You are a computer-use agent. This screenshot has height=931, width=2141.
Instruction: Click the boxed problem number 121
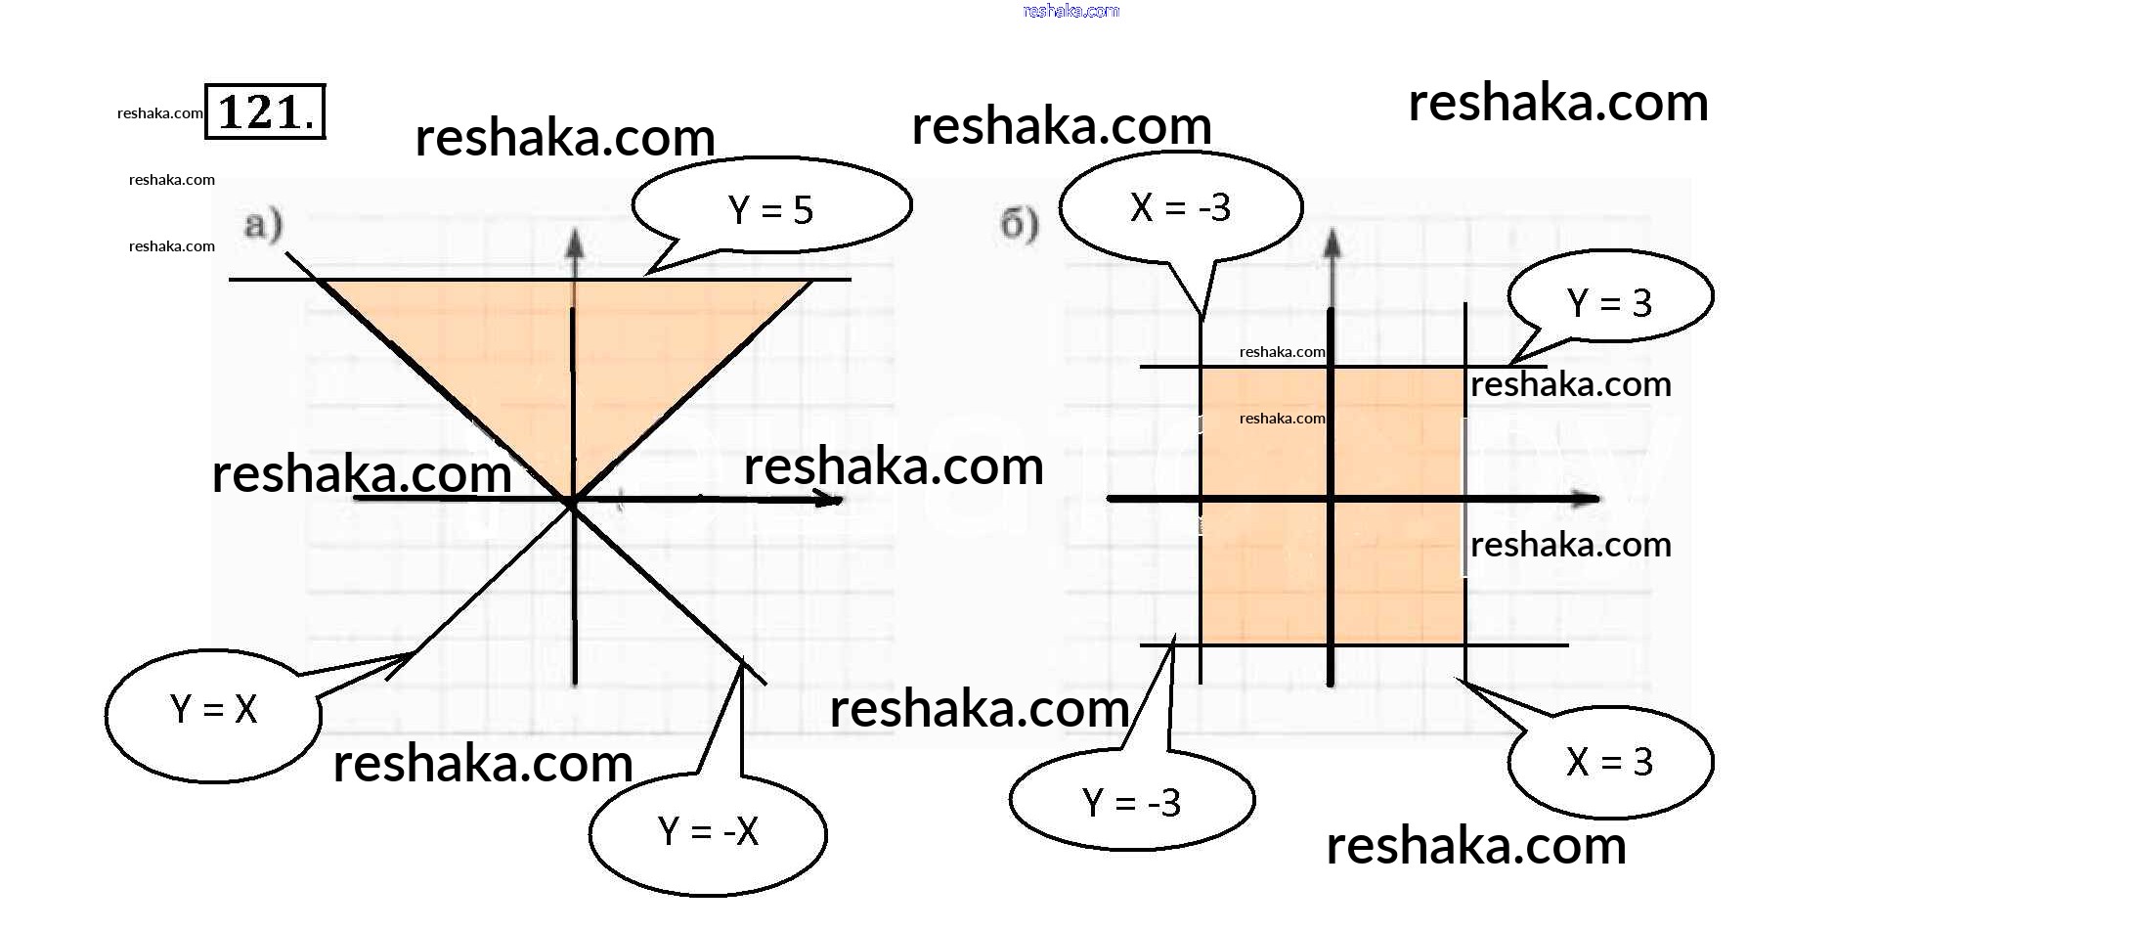point(264,111)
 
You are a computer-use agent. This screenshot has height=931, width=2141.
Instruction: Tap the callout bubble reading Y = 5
point(771,208)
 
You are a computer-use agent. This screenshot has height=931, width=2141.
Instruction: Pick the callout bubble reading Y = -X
point(708,832)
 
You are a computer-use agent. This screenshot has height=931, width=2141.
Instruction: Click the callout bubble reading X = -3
point(1180,207)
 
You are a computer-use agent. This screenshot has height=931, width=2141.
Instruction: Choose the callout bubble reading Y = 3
point(1610,301)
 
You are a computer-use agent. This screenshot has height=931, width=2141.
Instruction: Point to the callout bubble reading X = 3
point(1610,761)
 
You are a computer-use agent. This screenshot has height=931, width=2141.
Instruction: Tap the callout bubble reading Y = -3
point(1131,802)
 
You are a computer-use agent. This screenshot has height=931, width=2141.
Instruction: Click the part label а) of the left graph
point(263,225)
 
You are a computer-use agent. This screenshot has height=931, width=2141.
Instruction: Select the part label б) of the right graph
point(1019,225)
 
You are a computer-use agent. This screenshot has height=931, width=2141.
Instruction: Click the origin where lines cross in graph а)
point(573,501)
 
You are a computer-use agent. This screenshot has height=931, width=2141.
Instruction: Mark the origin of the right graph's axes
point(1331,499)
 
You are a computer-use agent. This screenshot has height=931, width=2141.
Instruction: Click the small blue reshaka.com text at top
point(1070,11)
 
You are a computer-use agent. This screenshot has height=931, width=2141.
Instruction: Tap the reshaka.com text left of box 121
point(159,113)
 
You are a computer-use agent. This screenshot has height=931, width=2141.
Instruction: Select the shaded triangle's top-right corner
point(810,282)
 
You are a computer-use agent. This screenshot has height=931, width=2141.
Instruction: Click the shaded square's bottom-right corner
point(1464,643)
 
